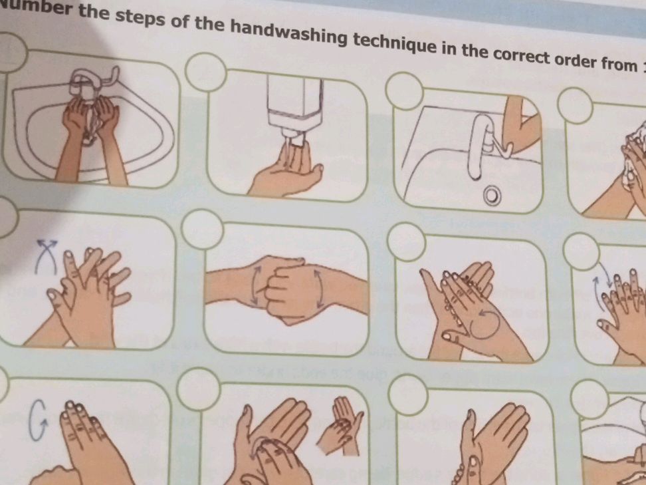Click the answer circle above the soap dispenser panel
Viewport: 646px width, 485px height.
point(205,71)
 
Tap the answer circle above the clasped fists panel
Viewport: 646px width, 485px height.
point(201,229)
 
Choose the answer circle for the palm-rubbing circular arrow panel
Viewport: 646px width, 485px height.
point(405,241)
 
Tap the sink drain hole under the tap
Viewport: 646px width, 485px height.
point(491,195)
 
